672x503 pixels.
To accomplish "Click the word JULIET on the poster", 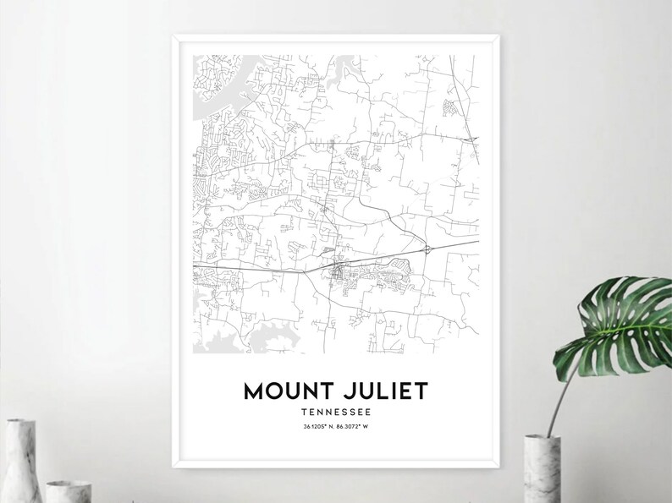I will click(387, 391).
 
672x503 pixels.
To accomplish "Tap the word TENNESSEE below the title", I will click(336, 412).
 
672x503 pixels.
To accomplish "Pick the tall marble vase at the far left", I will click(19, 461).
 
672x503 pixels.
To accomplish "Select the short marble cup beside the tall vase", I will click(63, 491).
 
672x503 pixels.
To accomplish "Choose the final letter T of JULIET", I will click(421, 391).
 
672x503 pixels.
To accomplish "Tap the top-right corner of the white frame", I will click(498, 36).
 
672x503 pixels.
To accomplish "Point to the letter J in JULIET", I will click(352, 391).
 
